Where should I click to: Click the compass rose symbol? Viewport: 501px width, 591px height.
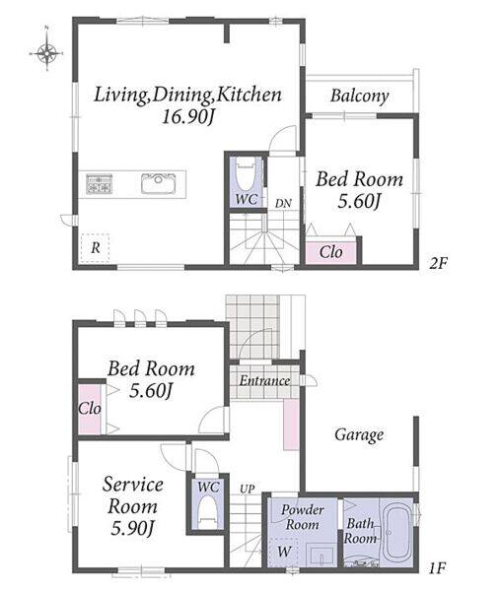click(x=46, y=53)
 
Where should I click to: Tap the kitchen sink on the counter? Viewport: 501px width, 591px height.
click(x=159, y=183)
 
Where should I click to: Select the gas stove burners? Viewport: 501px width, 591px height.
click(x=100, y=183)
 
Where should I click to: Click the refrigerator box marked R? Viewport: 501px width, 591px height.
click(x=95, y=248)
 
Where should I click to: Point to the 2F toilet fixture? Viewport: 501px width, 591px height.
click(x=246, y=176)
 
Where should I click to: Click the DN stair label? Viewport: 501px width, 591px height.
click(x=283, y=204)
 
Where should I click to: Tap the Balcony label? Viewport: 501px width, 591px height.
click(x=359, y=96)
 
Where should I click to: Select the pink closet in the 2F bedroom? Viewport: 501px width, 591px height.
click(x=330, y=252)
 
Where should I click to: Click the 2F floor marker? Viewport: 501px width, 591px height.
click(x=438, y=263)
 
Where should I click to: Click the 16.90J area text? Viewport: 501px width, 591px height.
click(x=187, y=117)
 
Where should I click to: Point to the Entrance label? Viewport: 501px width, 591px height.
click(x=265, y=380)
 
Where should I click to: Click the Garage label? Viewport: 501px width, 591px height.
click(x=359, y=434)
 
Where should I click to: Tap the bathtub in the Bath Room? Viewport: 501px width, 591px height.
click(x=396, y=532)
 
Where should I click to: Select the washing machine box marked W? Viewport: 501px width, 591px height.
click(x=284, y=553)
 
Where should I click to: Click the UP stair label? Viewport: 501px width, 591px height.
click(x=248, y=489)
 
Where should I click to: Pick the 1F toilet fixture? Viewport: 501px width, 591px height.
click(x=208, y=510)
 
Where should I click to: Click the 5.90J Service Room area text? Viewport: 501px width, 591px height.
click(x=132, y=528)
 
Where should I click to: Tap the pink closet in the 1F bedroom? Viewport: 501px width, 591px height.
click(x=90, y=409)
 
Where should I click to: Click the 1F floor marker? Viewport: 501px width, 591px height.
click(x=438, y=567)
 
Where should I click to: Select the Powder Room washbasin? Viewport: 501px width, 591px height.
click(x=322, y=555)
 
